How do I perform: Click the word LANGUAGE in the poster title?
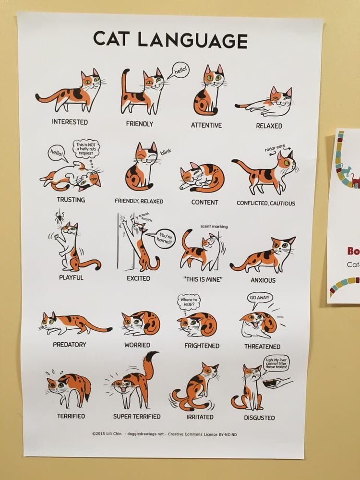pyautogui.click(x=192, y=40)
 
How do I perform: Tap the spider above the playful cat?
pyautogui.click(x=60, y=216)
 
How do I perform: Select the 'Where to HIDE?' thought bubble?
pyautogui.click(x=188, y=302)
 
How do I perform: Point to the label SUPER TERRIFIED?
pyautogui.click(x=137, y=416)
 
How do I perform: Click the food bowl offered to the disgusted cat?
pyautogui.click(x=270, y=383)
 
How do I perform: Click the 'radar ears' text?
pyautogui.click(x=275, y=148)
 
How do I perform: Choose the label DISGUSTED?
pyautogui.click(x=259, y=418)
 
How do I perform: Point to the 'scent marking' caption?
pyautogui.click(x=214, y=227)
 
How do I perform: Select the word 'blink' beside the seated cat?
pyautogui.click(x=165, y=152)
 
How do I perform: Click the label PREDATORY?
pyautogui.click(x=70, y=344)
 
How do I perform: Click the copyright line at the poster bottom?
pyautogui.click(x=164, y=434)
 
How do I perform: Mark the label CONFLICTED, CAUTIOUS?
pyautogui.click(x=266, y=203)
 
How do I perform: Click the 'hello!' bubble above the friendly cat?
pyautogui.click(x=180, y=70)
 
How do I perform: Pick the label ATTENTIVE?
pyautogui.click(x=206, y=125)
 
